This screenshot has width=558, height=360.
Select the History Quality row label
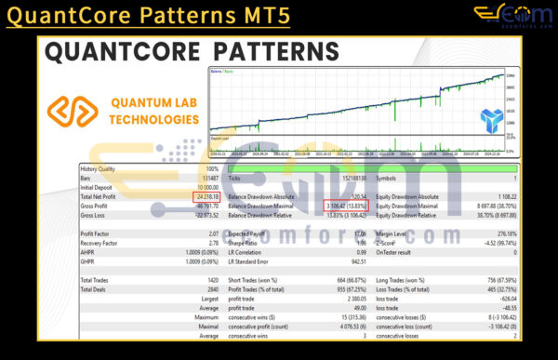(x=102, y=171)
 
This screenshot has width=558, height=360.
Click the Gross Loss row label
(x=95, y=214)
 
